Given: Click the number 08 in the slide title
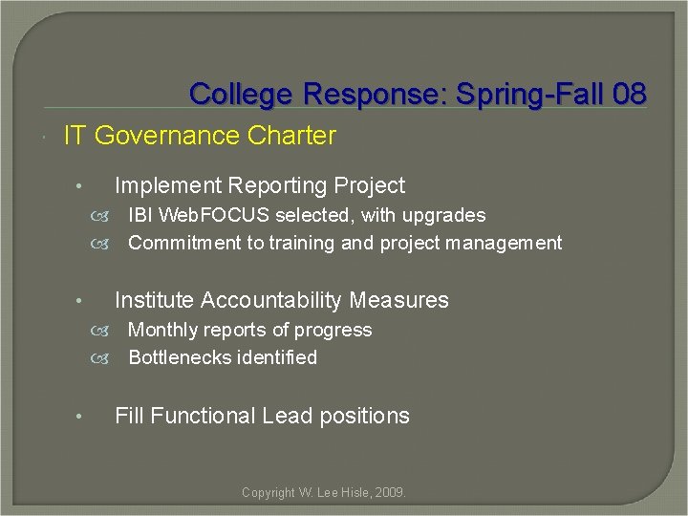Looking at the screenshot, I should pos(631,94).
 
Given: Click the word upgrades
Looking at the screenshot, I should pos(443,216).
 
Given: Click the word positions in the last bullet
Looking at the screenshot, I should pos(368,416).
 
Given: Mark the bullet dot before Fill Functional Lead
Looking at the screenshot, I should pos(82,417).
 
